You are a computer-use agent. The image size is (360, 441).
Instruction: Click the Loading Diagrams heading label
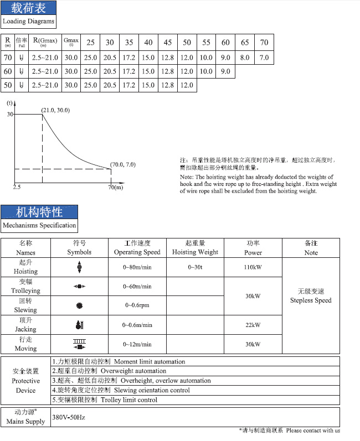click(29, 22)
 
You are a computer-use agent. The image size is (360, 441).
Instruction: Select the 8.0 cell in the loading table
click(245, 57)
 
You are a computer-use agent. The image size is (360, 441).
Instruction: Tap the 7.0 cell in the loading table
click(264, 57)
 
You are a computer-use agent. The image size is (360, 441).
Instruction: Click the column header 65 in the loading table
click(245, 43)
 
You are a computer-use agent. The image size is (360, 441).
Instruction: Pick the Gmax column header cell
click(71, 42)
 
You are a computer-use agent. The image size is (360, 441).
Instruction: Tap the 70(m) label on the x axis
click(115, 188)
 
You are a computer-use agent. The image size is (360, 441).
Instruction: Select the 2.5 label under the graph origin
click(17, 188)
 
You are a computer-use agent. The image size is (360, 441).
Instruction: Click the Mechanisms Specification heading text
click(39, 225)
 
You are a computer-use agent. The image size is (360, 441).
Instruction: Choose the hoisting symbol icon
click(79, 267)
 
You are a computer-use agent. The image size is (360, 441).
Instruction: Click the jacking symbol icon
click(79, 325)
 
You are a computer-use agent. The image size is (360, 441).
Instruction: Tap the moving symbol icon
click(79, 344)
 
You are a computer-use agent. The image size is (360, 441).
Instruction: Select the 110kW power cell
click(253, 267)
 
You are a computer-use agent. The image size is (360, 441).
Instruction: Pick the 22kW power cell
click(253, 325)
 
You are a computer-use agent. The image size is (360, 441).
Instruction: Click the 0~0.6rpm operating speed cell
click(137, 305)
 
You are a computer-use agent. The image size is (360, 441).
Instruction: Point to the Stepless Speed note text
click(311, 300)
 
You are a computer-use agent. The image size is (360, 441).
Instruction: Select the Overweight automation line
click(109, 371)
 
